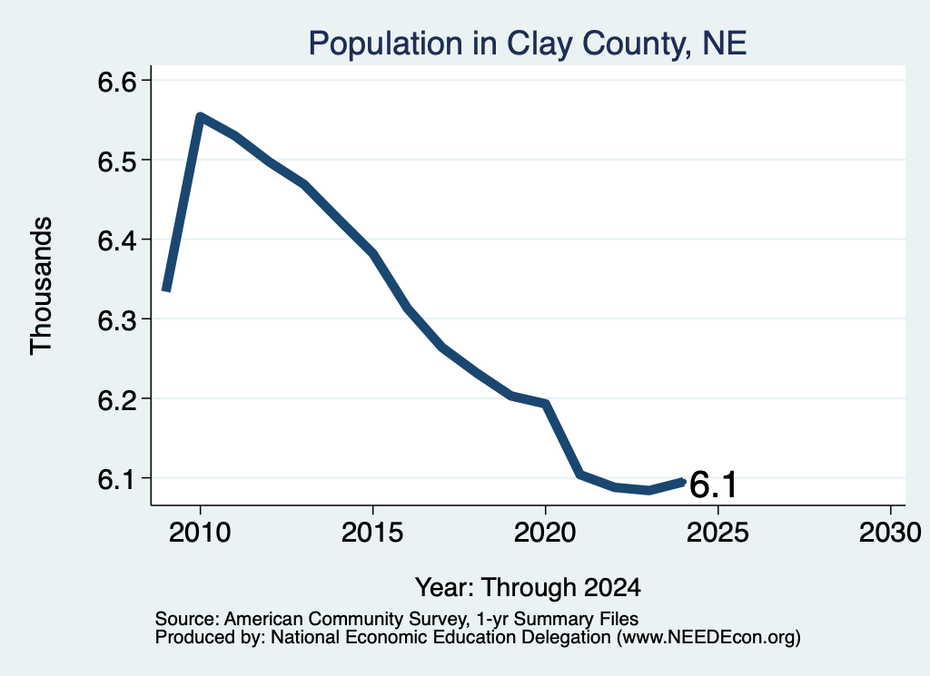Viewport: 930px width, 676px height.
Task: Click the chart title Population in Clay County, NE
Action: [x=528, y=44]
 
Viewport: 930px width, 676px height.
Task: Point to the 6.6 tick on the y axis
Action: [x=117, y=81]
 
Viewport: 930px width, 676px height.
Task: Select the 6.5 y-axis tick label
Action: [x=117, y=161]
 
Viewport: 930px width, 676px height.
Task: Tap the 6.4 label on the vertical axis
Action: [x=117, y=240]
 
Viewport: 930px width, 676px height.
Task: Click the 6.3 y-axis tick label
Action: [x=117, y=320]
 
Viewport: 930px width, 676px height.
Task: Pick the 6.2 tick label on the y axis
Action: [x=117, y=399]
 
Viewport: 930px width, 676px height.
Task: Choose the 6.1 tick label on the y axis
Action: [x=117, y=479]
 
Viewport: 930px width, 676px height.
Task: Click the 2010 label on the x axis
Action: [x=200, y=532]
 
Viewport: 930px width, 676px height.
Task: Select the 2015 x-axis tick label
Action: [x=372, y=532]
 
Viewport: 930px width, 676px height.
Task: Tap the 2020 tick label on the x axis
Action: [x=545, y=532]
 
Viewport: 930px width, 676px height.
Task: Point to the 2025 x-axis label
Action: [x=717, y=532]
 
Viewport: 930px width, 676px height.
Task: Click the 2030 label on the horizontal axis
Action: [x=890, y=532]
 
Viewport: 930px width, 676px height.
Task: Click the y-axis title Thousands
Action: [x=42, y=286]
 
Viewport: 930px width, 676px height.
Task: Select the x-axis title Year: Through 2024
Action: [x=528, y=588]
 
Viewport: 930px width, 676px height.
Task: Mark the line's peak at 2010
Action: [x=200, y=117]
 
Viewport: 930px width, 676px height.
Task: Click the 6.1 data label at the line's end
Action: [x=713, y=485]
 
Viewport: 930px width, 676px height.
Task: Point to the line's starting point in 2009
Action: [x=167, y=289]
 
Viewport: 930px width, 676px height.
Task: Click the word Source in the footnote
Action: [x=187, y=619]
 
